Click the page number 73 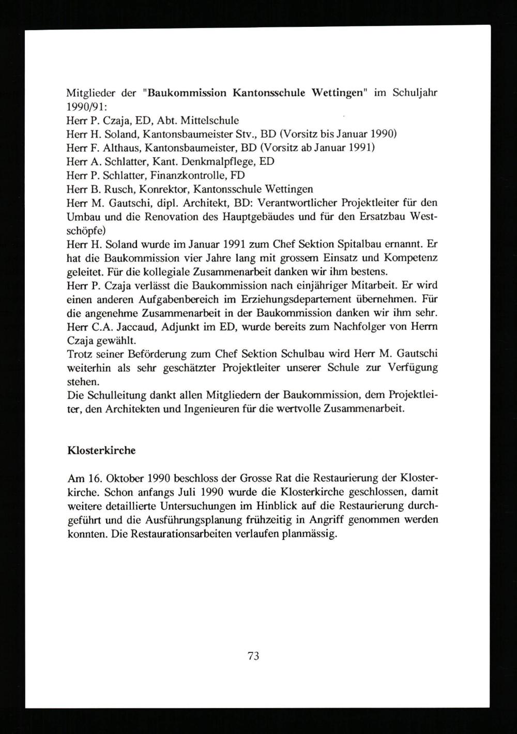tap(253, 656)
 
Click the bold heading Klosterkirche tap(101, 450)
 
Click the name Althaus tap(120, 147)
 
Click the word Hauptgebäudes tap(257, 216)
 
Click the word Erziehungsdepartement tap(302, 299)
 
